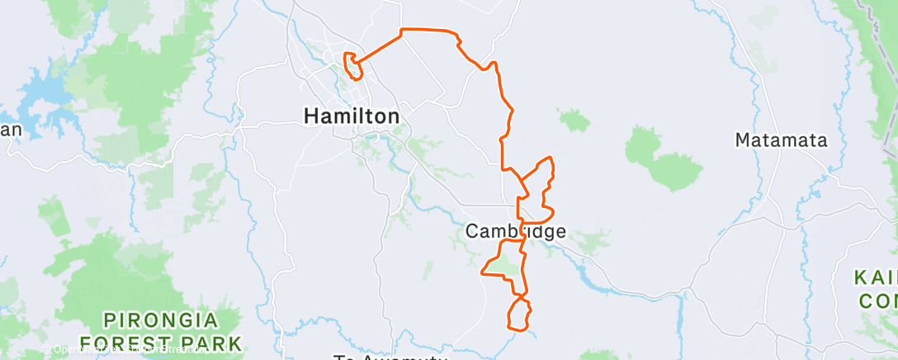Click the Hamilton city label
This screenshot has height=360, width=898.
(352, 116)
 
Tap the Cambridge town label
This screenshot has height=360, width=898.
(516, 232)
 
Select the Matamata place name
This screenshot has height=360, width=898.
(780, 140)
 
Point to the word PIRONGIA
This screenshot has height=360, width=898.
(161, 320)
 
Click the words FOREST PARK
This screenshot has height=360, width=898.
(161, 342)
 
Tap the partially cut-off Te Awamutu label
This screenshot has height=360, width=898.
(389, 357)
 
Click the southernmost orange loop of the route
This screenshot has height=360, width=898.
(518, 315)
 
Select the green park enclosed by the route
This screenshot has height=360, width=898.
(508, 264)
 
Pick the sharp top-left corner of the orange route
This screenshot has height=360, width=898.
(402, 31)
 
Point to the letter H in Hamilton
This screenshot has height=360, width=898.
(312, 116)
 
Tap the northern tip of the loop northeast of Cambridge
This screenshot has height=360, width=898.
(547, 157)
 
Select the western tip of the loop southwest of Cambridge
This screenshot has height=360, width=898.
(484, 270)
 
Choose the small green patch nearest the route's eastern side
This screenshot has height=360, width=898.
(574, 121)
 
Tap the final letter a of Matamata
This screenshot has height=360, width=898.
(820, 140)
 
